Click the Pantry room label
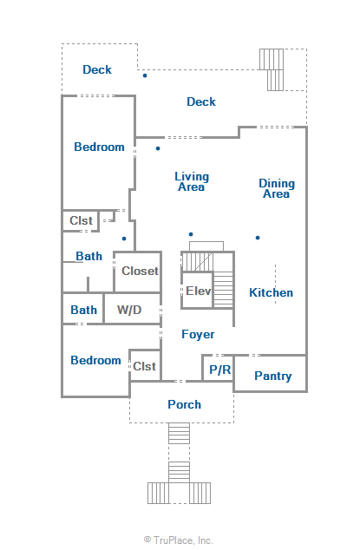(273, 376)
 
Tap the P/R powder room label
(220, 370)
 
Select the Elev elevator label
(199, 291)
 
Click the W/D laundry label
(129, 310)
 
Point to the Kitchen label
(271, 292)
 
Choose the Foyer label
(198, 335)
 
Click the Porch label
(184, 404)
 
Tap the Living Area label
(192, 181)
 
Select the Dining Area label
(277, 188)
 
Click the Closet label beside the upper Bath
(140, 271)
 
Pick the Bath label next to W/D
(83, 310)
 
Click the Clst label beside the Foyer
(144, 366)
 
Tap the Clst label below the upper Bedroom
(81, 220)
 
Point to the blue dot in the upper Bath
(124, 239)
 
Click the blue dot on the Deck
(145, 75)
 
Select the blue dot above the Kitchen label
(258, 238)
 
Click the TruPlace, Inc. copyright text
(178, 540)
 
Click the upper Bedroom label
(99, 147)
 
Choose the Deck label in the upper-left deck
(97, 69)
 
